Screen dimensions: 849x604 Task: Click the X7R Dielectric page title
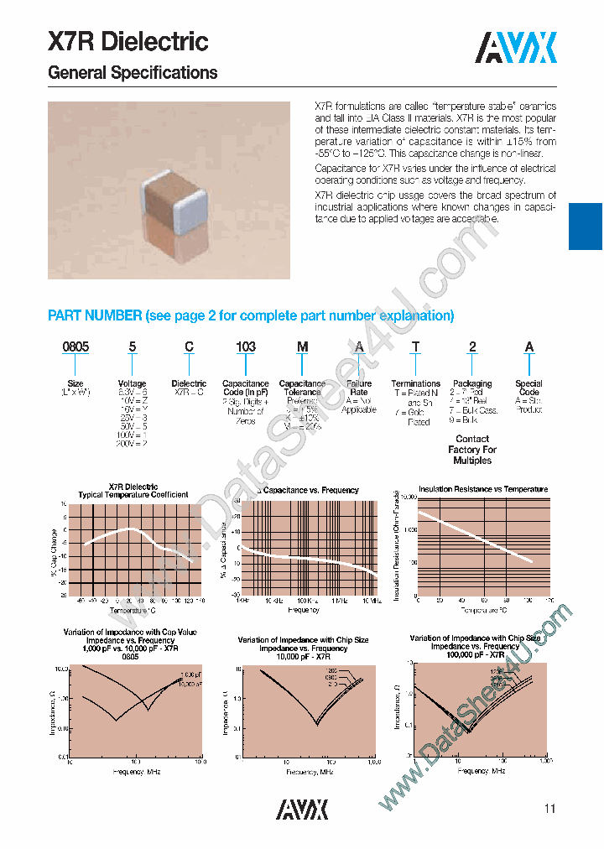tap(128, 41)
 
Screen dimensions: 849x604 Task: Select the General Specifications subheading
tap(133, 73)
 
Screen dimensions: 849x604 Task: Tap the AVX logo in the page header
tap(516, 48)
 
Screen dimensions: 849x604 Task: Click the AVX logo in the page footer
tap(302, 808)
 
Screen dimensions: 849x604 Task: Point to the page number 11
tap(549, 809)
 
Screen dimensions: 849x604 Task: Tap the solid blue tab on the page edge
tap(586, 227)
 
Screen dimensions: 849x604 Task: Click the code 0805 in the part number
tap(76, 346)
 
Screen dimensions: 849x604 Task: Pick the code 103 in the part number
tap(246, 346)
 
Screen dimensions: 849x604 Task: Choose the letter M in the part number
tap(302, 346)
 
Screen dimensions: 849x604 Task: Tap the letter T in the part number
tap(416, 346)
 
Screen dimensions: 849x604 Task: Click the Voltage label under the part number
tap(132, 383)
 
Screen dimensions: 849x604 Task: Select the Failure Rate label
tap(358, 388)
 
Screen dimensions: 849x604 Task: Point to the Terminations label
tap(416, 383)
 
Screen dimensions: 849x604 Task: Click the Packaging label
tap(472, 383)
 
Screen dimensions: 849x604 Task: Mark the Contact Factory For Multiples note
tap(472, 450)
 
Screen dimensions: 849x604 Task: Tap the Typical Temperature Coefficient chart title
tap(133, 495)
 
